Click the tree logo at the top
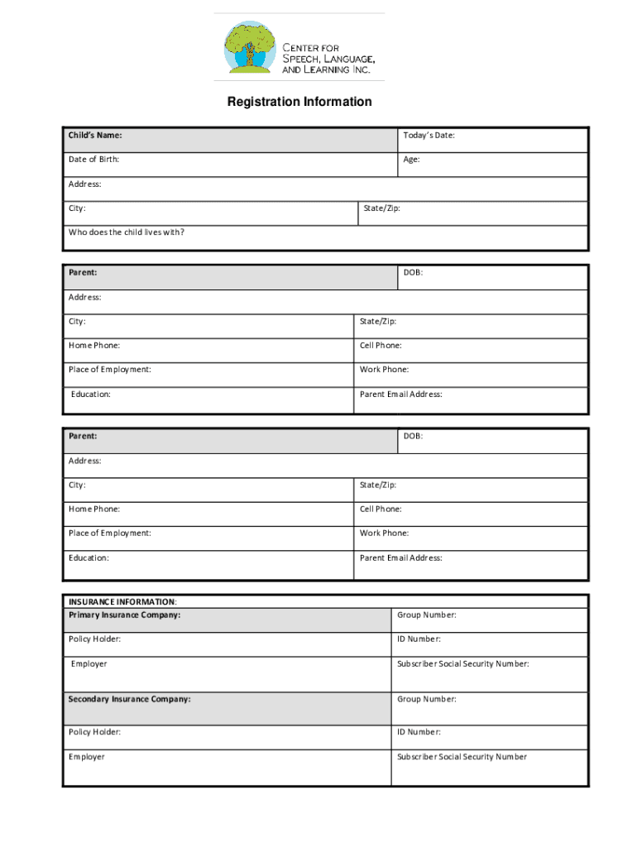tap(249, 47)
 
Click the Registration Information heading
tap(299, 102)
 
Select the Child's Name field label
tap(96, 135)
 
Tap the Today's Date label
tap(429, 135)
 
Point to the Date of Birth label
tap(98, 160)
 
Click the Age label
tap(411, 160)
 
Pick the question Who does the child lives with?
tap(127, 232)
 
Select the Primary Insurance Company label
tap(124, 615)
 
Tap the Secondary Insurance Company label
tap(129, 699)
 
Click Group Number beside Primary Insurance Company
tap(426, 615)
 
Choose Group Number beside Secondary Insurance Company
tap(426, 699)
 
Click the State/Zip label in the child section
tap(381, 208)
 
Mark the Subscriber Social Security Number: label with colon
tap(462, 663)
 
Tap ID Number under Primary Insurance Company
tap(419, 639)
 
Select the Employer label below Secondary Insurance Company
tap(87, 757)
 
